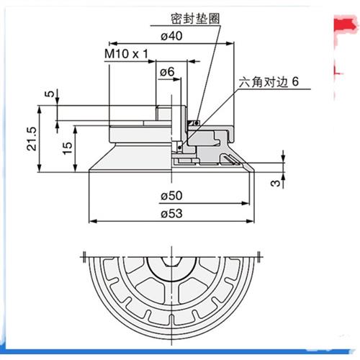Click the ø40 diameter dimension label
pos(170,40)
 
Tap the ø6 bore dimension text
pos(166,72)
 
